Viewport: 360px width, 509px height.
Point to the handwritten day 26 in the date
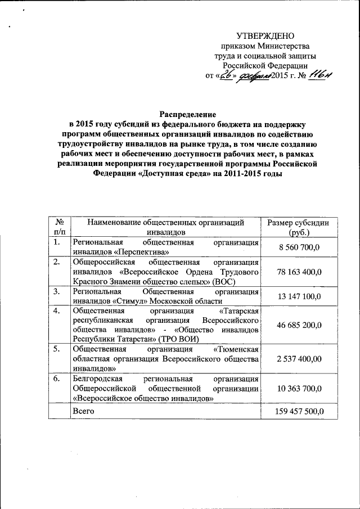[x=227, y=76]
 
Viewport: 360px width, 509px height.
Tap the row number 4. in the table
[x=56, y=310]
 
